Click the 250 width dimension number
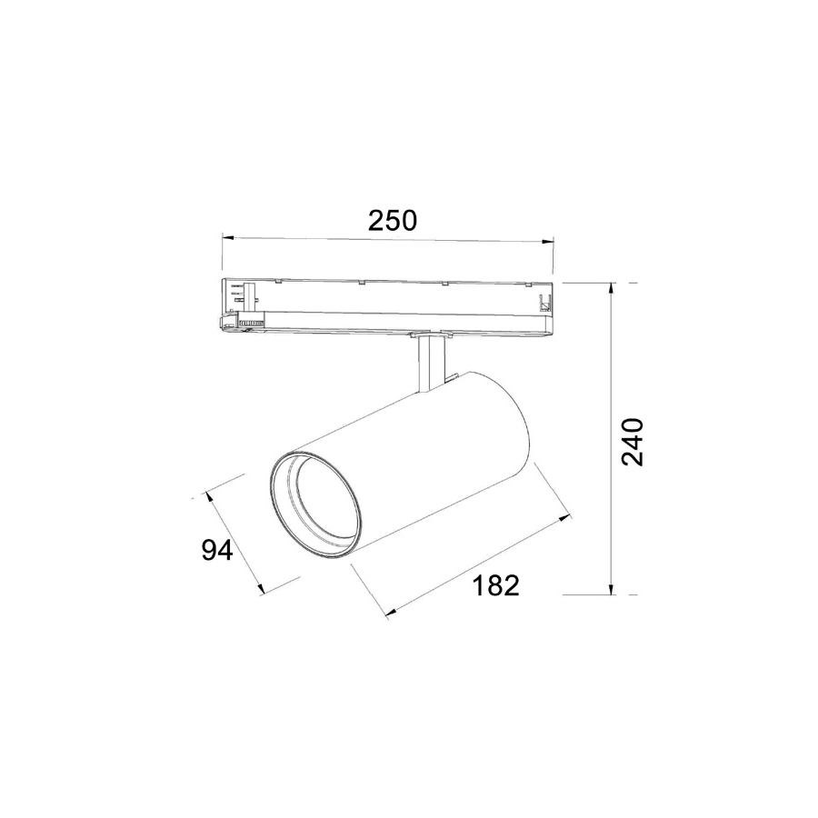tap(393, 221)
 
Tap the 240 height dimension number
tap(633, 442)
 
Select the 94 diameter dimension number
tap(217, 550)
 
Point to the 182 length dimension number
tap(495, 585)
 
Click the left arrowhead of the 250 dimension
tap(228, 238)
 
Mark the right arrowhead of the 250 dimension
tap(547, 242)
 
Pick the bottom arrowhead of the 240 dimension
tap(611, 588)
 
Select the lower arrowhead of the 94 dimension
tap(261, 588)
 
